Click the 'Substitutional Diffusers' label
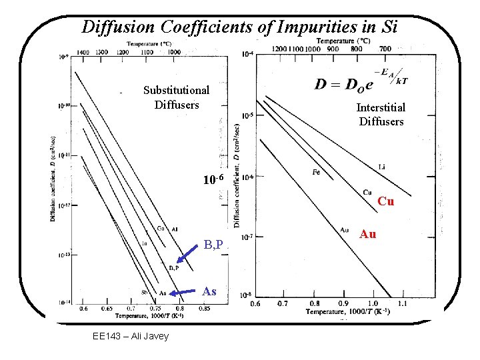[x=176, y=97]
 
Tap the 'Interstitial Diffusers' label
[x=381, y=114]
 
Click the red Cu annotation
[x=385, y=201]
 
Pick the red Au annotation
[x=367, y=234]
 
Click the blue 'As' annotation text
[x=209, y=291]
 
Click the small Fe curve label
[x=317, y=172]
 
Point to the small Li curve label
[x=382, y=166]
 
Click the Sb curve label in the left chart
[x=144, y=292]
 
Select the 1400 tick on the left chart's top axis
[x=83, y=51]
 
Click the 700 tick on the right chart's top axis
[x=385, y=48]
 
